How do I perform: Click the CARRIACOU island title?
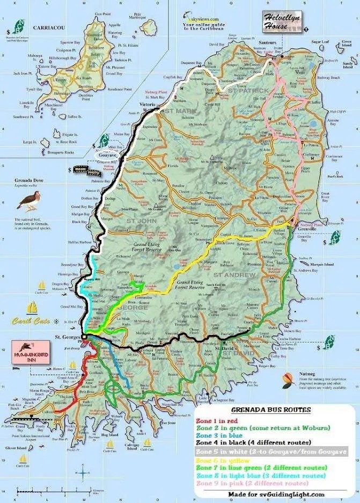(x=49, y=27)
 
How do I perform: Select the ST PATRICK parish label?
(x=247, y=90)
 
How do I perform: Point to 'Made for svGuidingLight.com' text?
(x=276, y=494)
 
